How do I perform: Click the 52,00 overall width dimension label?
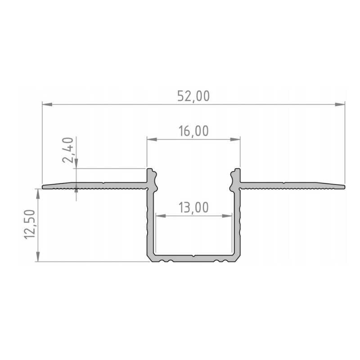193,96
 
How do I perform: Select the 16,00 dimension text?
193,131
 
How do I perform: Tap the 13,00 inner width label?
193,207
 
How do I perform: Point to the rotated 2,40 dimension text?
68,151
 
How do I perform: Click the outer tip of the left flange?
43,186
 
